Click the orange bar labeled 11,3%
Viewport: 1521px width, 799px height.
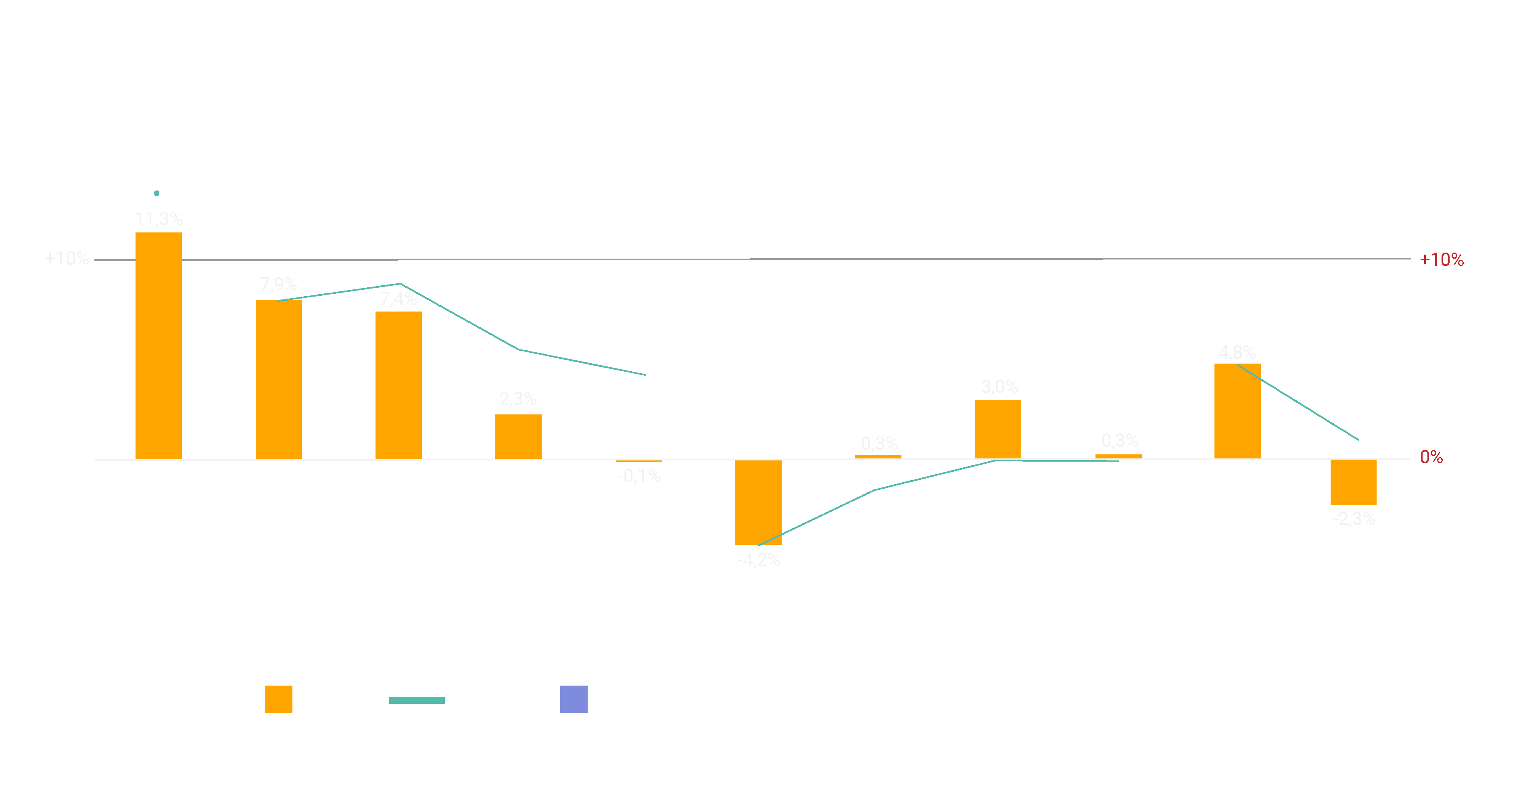click(x=158, y=345)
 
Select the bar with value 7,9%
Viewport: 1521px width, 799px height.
click(x=279, y=379)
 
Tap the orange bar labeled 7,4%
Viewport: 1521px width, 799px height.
click(x=399, y=385)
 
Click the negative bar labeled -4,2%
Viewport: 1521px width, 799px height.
click(x=758, y=502)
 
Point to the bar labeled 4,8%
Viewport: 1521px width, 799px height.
click(x=1237, y=411)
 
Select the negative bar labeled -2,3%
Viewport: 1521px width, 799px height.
click(x=1353, y=482)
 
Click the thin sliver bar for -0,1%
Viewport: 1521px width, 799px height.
click(x=639, y=460)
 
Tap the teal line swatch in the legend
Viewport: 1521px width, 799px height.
click(x=417, y=701)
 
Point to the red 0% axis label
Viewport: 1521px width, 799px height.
click(x=1431, y=457)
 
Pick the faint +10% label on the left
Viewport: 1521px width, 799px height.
click(x=67, y=259)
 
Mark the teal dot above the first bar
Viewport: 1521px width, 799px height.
click(x=156, y=193)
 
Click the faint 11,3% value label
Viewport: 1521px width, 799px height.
click(x=158, y=219)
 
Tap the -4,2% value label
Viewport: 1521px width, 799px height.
click(x=759, y=560)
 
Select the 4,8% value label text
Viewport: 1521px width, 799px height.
click(x=1237, y=353)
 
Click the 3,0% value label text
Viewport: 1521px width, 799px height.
click(x=999, y=387)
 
